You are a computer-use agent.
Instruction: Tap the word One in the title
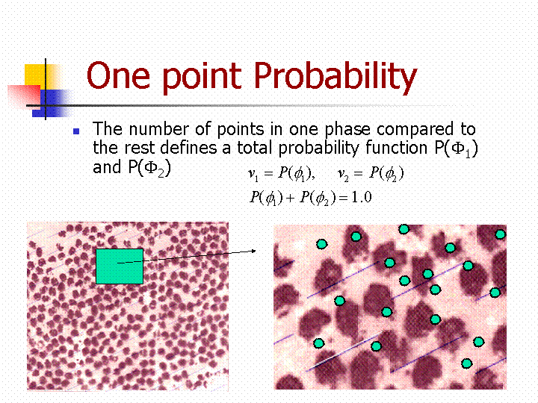(x=118, y=75)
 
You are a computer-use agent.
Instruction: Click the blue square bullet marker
(x=76, y=131)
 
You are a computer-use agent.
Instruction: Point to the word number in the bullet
(x=159, y=129)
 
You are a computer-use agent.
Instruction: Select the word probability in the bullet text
(x=318, y=149)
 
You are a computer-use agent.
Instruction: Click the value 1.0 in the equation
(x=362, y=197)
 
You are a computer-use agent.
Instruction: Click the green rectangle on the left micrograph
(x=120, y=266)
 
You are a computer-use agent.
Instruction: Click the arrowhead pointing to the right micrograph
(x=253, y=251)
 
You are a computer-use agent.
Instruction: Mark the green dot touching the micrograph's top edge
(x=403, y=229)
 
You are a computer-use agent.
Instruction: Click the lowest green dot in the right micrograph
(x=466, y=363)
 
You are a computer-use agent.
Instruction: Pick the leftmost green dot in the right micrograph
(x=319, y=343)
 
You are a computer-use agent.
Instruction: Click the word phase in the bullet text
(x=347, y=131)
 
